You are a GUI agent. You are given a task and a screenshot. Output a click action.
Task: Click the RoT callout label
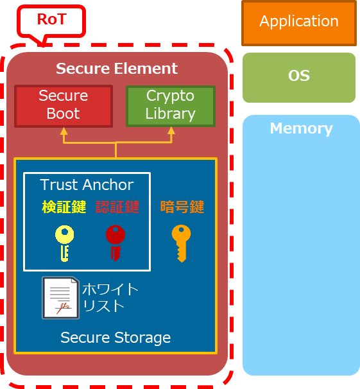click(52, 20)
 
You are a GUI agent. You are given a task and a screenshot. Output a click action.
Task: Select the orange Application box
click(298, 22)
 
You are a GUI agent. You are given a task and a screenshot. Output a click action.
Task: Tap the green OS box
click(298, 76)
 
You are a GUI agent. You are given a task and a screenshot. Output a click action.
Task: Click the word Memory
click(301, 128)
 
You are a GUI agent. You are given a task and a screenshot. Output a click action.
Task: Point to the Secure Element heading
click(117, 69)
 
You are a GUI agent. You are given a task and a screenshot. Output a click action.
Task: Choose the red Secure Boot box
click(64, 105)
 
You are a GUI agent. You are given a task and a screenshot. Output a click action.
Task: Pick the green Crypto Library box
click(170, 105)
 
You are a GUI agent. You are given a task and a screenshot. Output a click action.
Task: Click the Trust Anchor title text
click(87, 185)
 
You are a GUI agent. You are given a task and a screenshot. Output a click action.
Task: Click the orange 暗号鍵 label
click(182, 207)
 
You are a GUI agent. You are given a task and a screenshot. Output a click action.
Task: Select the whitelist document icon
click(60, 298)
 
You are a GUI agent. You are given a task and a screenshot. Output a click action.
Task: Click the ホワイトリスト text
click(110, 297)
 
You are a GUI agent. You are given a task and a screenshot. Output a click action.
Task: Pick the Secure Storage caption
click(116, 337)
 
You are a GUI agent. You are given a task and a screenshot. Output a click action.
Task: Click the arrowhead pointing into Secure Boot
click(64, 132)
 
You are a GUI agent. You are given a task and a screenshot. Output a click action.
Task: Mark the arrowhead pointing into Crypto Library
click(171, 132)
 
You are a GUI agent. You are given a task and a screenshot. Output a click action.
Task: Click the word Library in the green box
click(170, 114)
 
